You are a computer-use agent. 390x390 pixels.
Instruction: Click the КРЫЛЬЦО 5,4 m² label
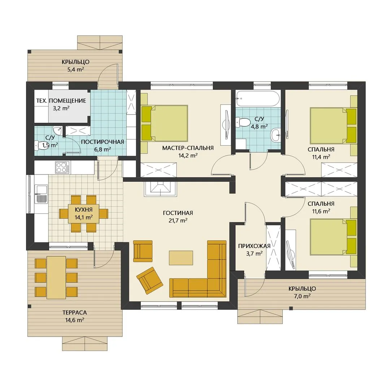point(75,66)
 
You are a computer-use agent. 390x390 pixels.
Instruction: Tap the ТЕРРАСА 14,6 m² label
point(75,316)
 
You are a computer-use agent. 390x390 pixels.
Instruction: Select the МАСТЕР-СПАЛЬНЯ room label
point(188,148)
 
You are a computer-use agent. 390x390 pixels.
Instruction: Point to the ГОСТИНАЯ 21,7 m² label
point(178,217)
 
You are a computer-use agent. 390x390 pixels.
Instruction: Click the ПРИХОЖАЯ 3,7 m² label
point(254,250)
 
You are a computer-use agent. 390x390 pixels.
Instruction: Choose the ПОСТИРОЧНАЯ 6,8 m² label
point(103,146)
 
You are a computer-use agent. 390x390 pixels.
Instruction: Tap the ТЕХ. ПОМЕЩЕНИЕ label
point(61,101)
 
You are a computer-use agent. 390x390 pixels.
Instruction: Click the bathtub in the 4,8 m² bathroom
point(259,99)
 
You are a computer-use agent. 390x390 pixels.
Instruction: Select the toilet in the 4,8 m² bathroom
point(243,122)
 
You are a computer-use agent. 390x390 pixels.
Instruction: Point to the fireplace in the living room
point(160,189)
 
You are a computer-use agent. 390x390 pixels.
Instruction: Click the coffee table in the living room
point(181,258)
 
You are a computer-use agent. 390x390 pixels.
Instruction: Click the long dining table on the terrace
point(56,277)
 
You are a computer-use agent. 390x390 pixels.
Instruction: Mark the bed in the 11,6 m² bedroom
point(333,237)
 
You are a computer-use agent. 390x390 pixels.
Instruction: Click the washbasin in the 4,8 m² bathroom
point(276,135)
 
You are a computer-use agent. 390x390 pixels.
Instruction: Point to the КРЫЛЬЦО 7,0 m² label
point(302,292)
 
